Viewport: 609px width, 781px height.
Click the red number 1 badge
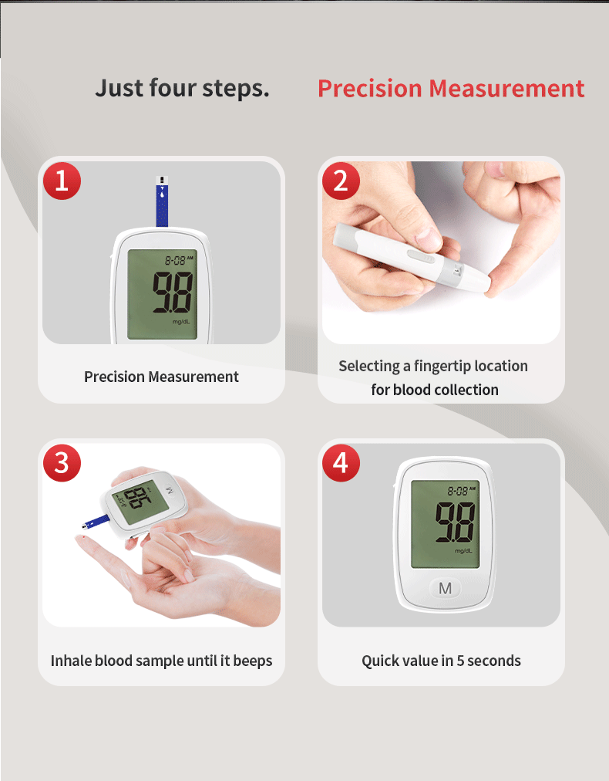62,181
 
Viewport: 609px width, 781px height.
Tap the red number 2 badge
341,181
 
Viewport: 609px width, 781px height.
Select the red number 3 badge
62,463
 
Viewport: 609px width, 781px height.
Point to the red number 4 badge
341,463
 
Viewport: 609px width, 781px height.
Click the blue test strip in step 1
162,201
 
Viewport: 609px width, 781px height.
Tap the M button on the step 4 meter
445,588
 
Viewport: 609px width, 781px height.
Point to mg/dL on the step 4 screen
463,551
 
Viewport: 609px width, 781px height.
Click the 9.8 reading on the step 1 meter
173,293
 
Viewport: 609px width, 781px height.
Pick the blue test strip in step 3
96,522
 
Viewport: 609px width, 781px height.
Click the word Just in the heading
119,88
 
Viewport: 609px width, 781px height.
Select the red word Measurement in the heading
506,88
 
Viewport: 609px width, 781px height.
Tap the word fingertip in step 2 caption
441,366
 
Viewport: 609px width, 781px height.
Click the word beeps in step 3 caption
253,661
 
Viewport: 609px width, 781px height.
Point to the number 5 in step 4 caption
461,661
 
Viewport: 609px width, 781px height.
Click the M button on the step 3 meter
170,489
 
